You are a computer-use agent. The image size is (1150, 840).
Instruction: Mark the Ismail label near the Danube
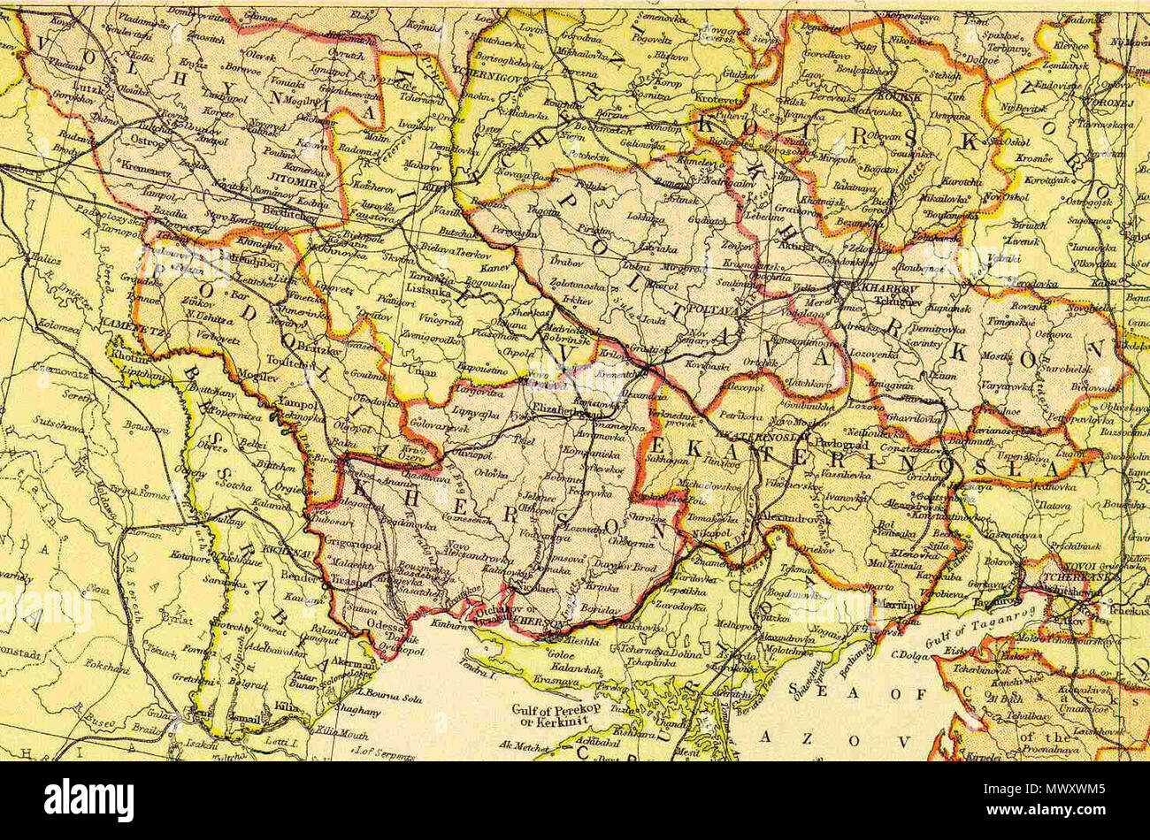[246, 720]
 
